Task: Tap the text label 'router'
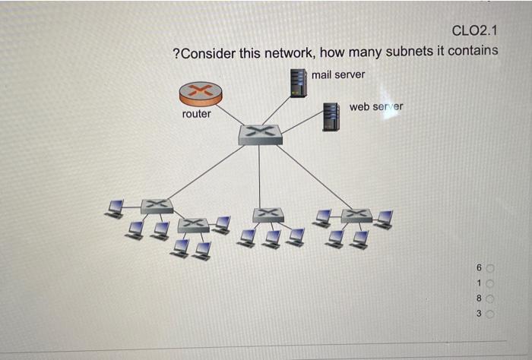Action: (x=197, y=114)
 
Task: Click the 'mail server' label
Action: (x=337, y=74)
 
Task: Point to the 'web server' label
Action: (x=375, y=106)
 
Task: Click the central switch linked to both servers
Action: (x=260, y=134)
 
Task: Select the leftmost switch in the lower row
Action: (x=157, y=206)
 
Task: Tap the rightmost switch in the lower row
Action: (x=356, y=215)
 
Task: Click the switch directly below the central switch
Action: (x=268, y=215)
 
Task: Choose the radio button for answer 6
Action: (x=490, y=268)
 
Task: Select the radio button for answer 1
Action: (x=490, y=283)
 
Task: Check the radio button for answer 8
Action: (x=490, y=298)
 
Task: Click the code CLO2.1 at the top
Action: (x=474, y=30)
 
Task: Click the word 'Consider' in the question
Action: (x=210, y=53)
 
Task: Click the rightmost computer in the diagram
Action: (x=385, y=219)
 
